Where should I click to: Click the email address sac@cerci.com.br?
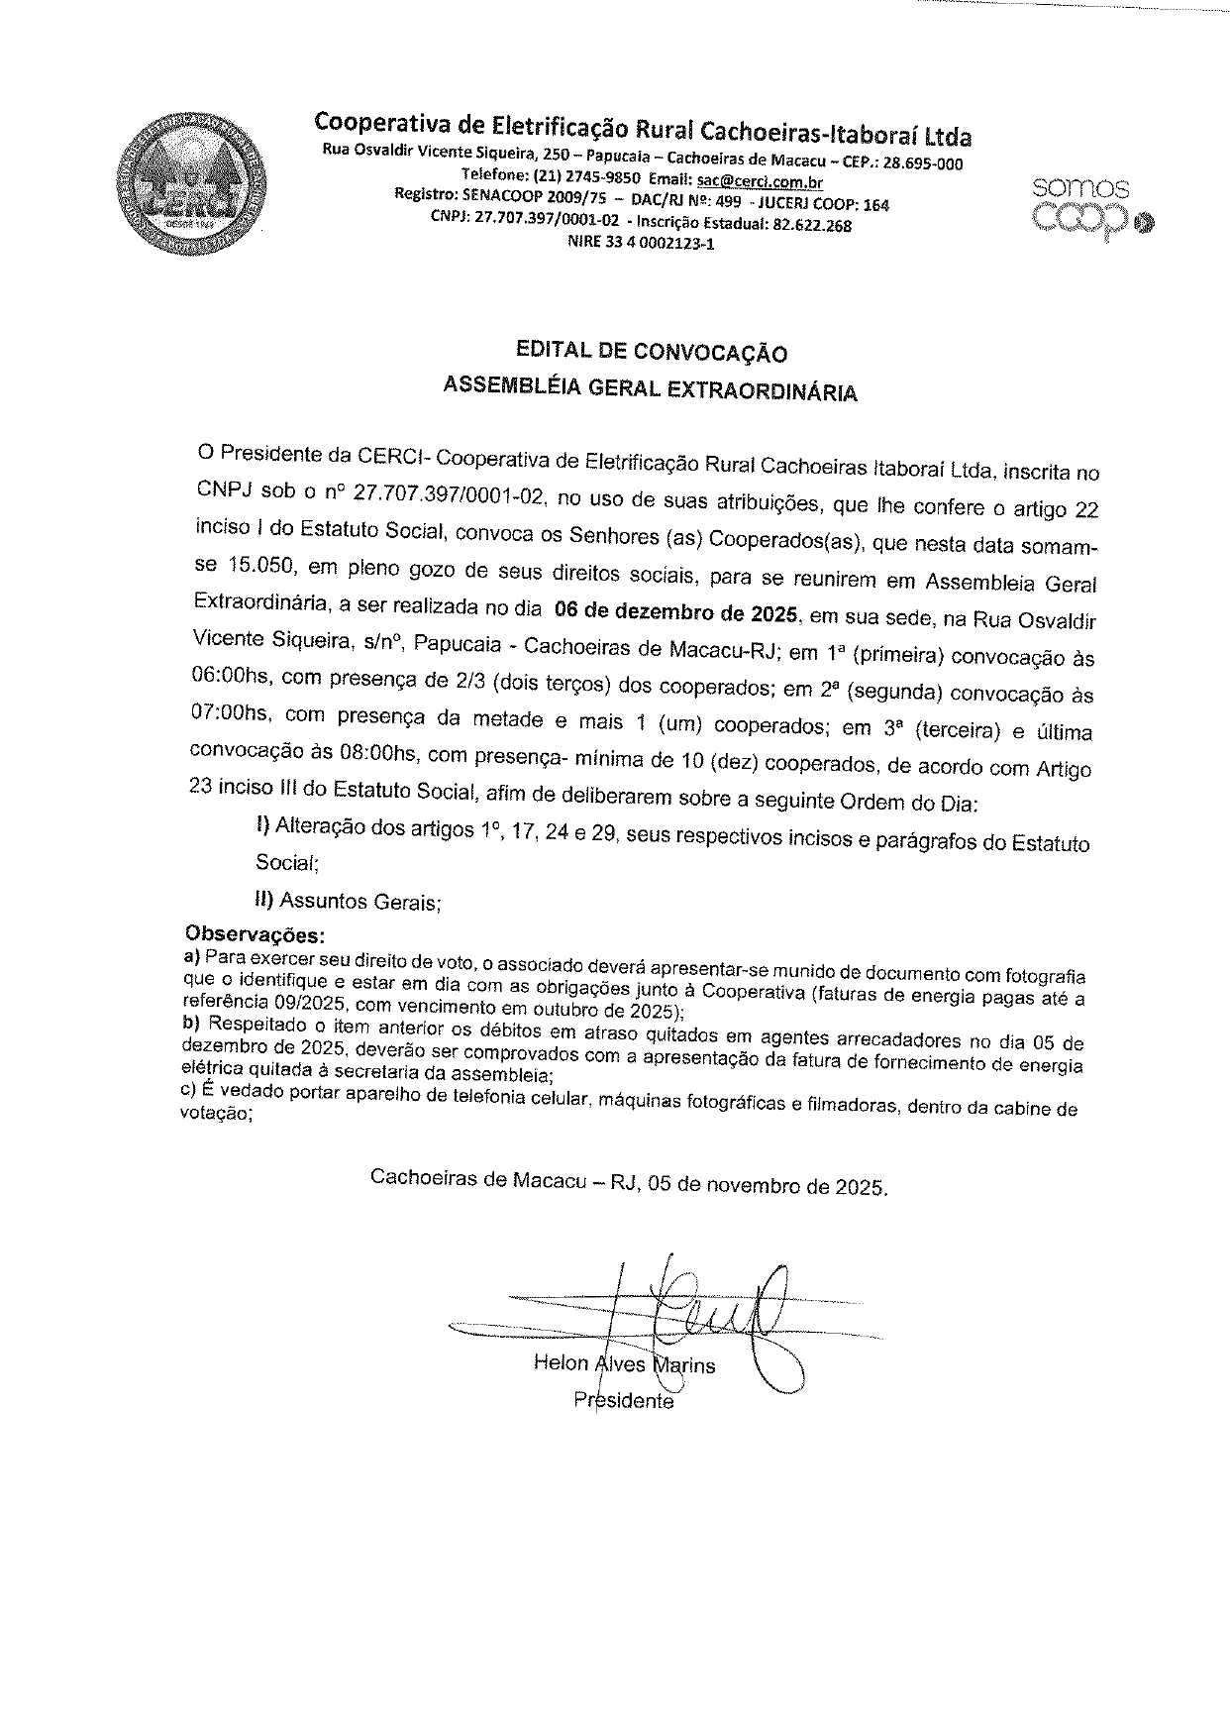pyautogui.click(x=760, y=182)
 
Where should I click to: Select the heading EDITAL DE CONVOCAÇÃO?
pyautogui.click(x=652, y=352)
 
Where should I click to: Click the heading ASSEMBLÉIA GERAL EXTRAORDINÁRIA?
pyautogui.click(x=651, y=390)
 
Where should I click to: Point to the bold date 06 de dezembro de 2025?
pyautogui.click(x=676, y=612)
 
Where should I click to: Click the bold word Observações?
pyautogui.click(x=256, y=934)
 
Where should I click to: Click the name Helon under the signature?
pyautogui.click(x=561, y=1363)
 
